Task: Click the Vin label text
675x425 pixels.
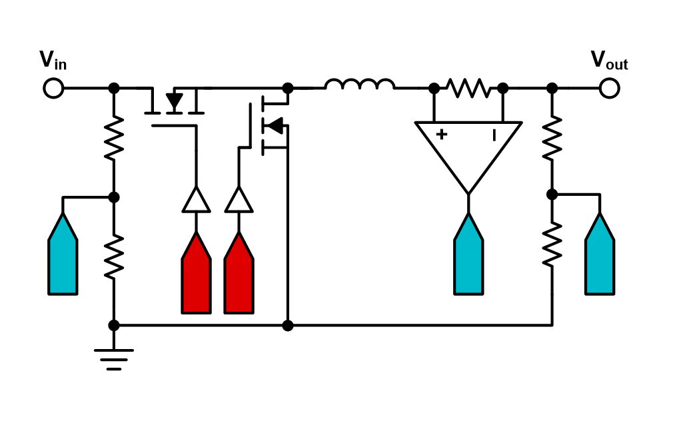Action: [53, 61]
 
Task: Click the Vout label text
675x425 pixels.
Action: [609, 61]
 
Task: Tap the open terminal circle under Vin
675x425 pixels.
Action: [53, 87]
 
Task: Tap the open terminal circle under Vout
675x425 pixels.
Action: [608, 87]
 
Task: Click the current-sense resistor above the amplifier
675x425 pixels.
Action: [468, 87]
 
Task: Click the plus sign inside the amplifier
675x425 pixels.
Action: [441, 135]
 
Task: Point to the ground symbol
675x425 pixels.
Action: [114, 358]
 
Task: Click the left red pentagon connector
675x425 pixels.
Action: [196, 273]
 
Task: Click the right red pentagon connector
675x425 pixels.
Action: [239, 273]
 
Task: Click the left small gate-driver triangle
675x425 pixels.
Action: [196, 201]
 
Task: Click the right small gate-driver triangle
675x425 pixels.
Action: [239, 201]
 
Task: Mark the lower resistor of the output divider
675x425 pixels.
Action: [552, 244]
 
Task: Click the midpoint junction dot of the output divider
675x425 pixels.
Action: [552, 195]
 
